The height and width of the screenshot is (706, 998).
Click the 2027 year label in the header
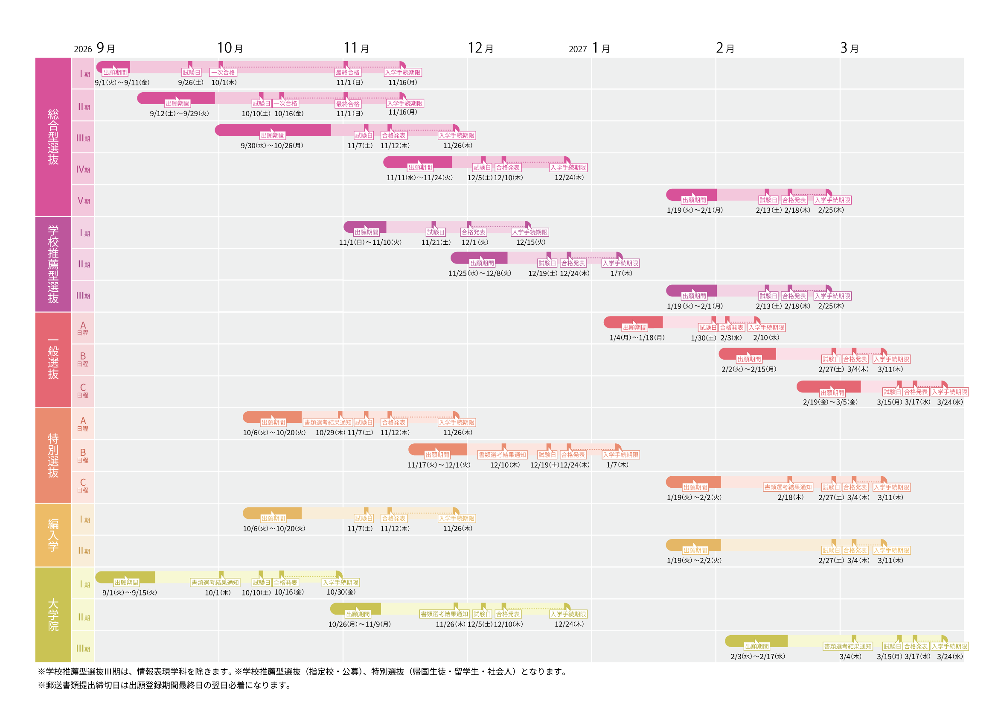pyautogui.click(x=577, y=49)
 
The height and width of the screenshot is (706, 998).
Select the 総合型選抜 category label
pyautogui.click(x=53, y=137)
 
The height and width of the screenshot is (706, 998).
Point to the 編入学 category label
pyautogui.click(x=53, y=535)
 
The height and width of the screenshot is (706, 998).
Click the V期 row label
pyautogui.click(x=84, y=201)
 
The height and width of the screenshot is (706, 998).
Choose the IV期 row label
pyautogui.click(x=83, y=169)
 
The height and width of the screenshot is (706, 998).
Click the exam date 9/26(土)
pyautogui.click(x=190, y=82)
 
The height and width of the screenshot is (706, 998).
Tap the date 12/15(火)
pyautogui.click(x=530, y=242)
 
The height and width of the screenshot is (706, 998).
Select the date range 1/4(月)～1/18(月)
pyautogui.click(x=637, y=337)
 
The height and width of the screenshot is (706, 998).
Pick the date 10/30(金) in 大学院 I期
pyautogui.click(x=341, y=592)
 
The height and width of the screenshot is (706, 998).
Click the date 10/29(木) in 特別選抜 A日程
pyautogui.click(x=330, y=433)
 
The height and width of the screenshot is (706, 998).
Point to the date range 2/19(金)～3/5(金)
pyautogui.click(x=830, y=402)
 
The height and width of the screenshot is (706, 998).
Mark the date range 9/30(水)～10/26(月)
pyautogui.click(x=272, y=146)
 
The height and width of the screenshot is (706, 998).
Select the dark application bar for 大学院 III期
pyautogui.click(x=756, y=641)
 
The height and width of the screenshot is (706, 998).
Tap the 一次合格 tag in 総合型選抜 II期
pyautogui.click(x=285, y=103)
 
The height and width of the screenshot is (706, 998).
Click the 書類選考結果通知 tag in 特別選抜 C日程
pyautogui.click(x=788, y=487)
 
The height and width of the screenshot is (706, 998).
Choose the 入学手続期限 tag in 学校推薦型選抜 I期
pyautogui.click(x=530, y=232)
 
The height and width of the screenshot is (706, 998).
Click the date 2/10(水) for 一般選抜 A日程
pyautogui.click(x=766, y=337)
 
